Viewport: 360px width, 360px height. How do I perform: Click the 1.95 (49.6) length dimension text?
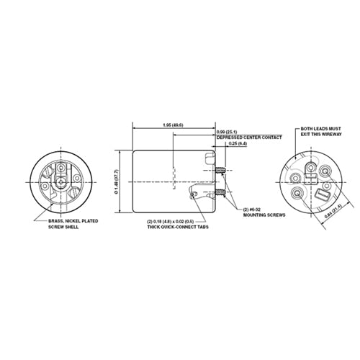coord(173,125)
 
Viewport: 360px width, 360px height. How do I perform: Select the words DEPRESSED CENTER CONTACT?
coord(243,138)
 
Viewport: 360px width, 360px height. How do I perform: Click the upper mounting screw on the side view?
coord(222,169)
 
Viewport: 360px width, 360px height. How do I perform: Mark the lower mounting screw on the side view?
coord(222,193)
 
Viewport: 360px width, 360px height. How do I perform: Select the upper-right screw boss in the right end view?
coord(326,171)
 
